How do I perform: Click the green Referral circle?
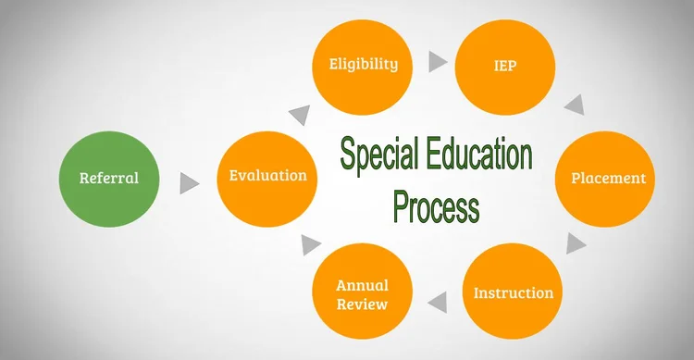point(109,178)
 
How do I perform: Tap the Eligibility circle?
point(364,64)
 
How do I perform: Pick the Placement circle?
point(608,178)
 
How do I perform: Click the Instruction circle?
point(514,292)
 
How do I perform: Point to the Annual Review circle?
point(362,292)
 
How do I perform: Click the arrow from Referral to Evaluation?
point(189,182)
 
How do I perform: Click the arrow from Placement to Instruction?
point(575,243)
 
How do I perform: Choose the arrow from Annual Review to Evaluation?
point(310,244)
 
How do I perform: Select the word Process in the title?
point(436,205)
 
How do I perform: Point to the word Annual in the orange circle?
point(362,284)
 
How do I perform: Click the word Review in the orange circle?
point(362,304)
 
